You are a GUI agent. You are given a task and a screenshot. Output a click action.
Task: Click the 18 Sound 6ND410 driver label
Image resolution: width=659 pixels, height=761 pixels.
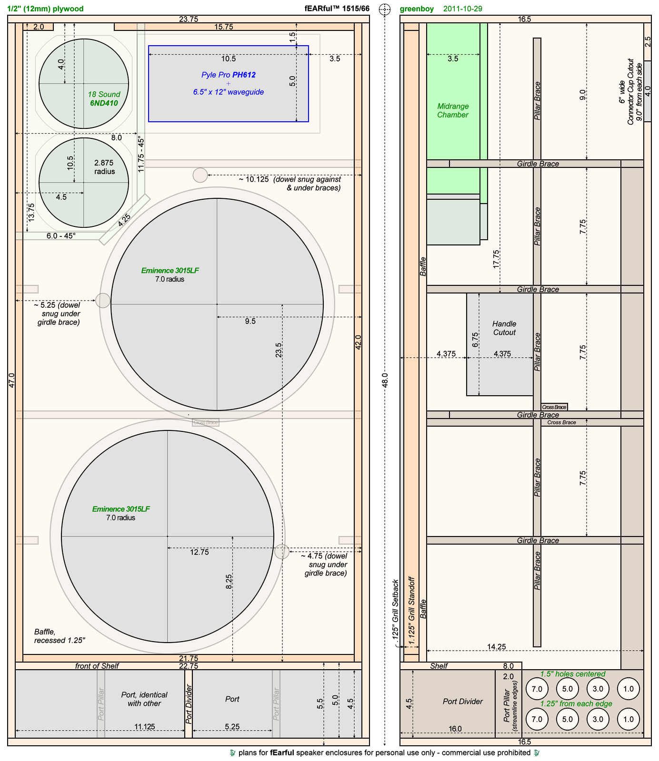pyautogui.click(x=104, y=98)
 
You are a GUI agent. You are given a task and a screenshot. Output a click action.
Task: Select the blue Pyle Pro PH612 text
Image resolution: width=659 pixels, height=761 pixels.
pyautogui.click(x=229, y=75)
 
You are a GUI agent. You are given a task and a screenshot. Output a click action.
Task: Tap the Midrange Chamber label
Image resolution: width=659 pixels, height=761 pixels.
pyautogui.click(x=453, y=110)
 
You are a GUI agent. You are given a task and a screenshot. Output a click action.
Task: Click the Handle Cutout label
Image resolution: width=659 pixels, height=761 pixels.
pyautogui.click(x=504, y=328)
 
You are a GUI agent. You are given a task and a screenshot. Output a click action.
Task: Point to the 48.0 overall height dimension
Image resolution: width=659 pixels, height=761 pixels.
pyautogui.click(x=385, y=381)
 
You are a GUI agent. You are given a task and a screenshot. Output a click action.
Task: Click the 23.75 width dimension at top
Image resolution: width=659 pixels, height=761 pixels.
pyautogui.click(x=189, y=19)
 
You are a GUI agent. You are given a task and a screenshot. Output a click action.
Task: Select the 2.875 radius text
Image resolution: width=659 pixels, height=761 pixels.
pyautogui.click(x=104, y=167)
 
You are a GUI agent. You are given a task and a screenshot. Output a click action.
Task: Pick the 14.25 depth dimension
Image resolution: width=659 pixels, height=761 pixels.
pyautogui.click(x=497, y=647)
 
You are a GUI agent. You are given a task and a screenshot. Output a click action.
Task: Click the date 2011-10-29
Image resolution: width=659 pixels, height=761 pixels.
pyautogui.click(x=463, y=9)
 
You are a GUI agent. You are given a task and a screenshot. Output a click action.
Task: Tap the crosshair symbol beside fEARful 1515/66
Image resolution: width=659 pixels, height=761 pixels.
pyautogui.click(x=384, y=9)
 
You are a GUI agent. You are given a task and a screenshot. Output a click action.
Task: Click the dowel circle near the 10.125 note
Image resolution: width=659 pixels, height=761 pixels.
pyautogui.click(x=200, y=175)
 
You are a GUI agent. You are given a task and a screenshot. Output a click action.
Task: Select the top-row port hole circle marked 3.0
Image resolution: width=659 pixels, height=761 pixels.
pyautogui.click(x=598, y=689)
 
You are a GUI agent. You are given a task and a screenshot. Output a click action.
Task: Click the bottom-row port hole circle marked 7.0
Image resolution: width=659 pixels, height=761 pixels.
pyautogui.click(x=537, y=719)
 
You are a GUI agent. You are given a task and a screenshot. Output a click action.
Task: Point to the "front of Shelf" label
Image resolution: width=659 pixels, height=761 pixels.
pyautogui.click(x=97, y=666)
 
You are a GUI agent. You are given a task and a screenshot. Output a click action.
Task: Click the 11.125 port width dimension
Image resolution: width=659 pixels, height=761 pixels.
pyautogui.click(x=145, y=727)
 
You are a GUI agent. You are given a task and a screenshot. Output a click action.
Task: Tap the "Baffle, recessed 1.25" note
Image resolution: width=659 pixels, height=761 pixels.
pyautogui.click(x=60, y=636)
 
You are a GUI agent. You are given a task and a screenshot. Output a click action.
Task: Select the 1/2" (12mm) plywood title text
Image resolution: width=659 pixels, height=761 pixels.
pyautogui.click(x=46, y=9)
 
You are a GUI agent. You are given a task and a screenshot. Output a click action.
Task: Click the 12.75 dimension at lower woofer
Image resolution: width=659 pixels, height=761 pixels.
pyautogui.click(x=199, y=552)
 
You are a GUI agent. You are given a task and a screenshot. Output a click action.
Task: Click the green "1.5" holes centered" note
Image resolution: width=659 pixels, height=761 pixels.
pyautogui.click(x=572, y=674)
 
